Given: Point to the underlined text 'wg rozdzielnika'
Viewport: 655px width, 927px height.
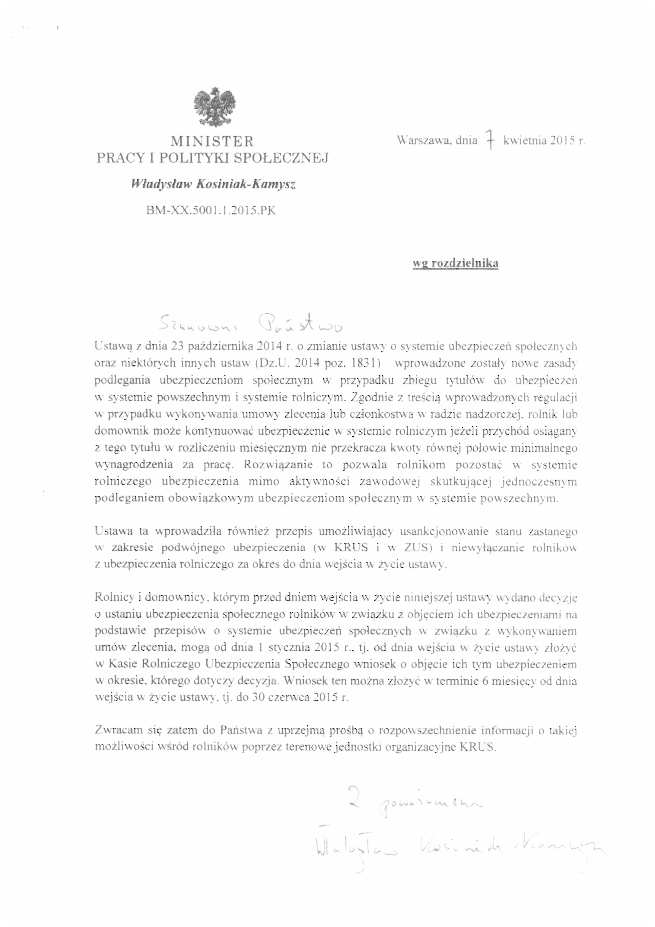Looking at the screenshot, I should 455,263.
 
